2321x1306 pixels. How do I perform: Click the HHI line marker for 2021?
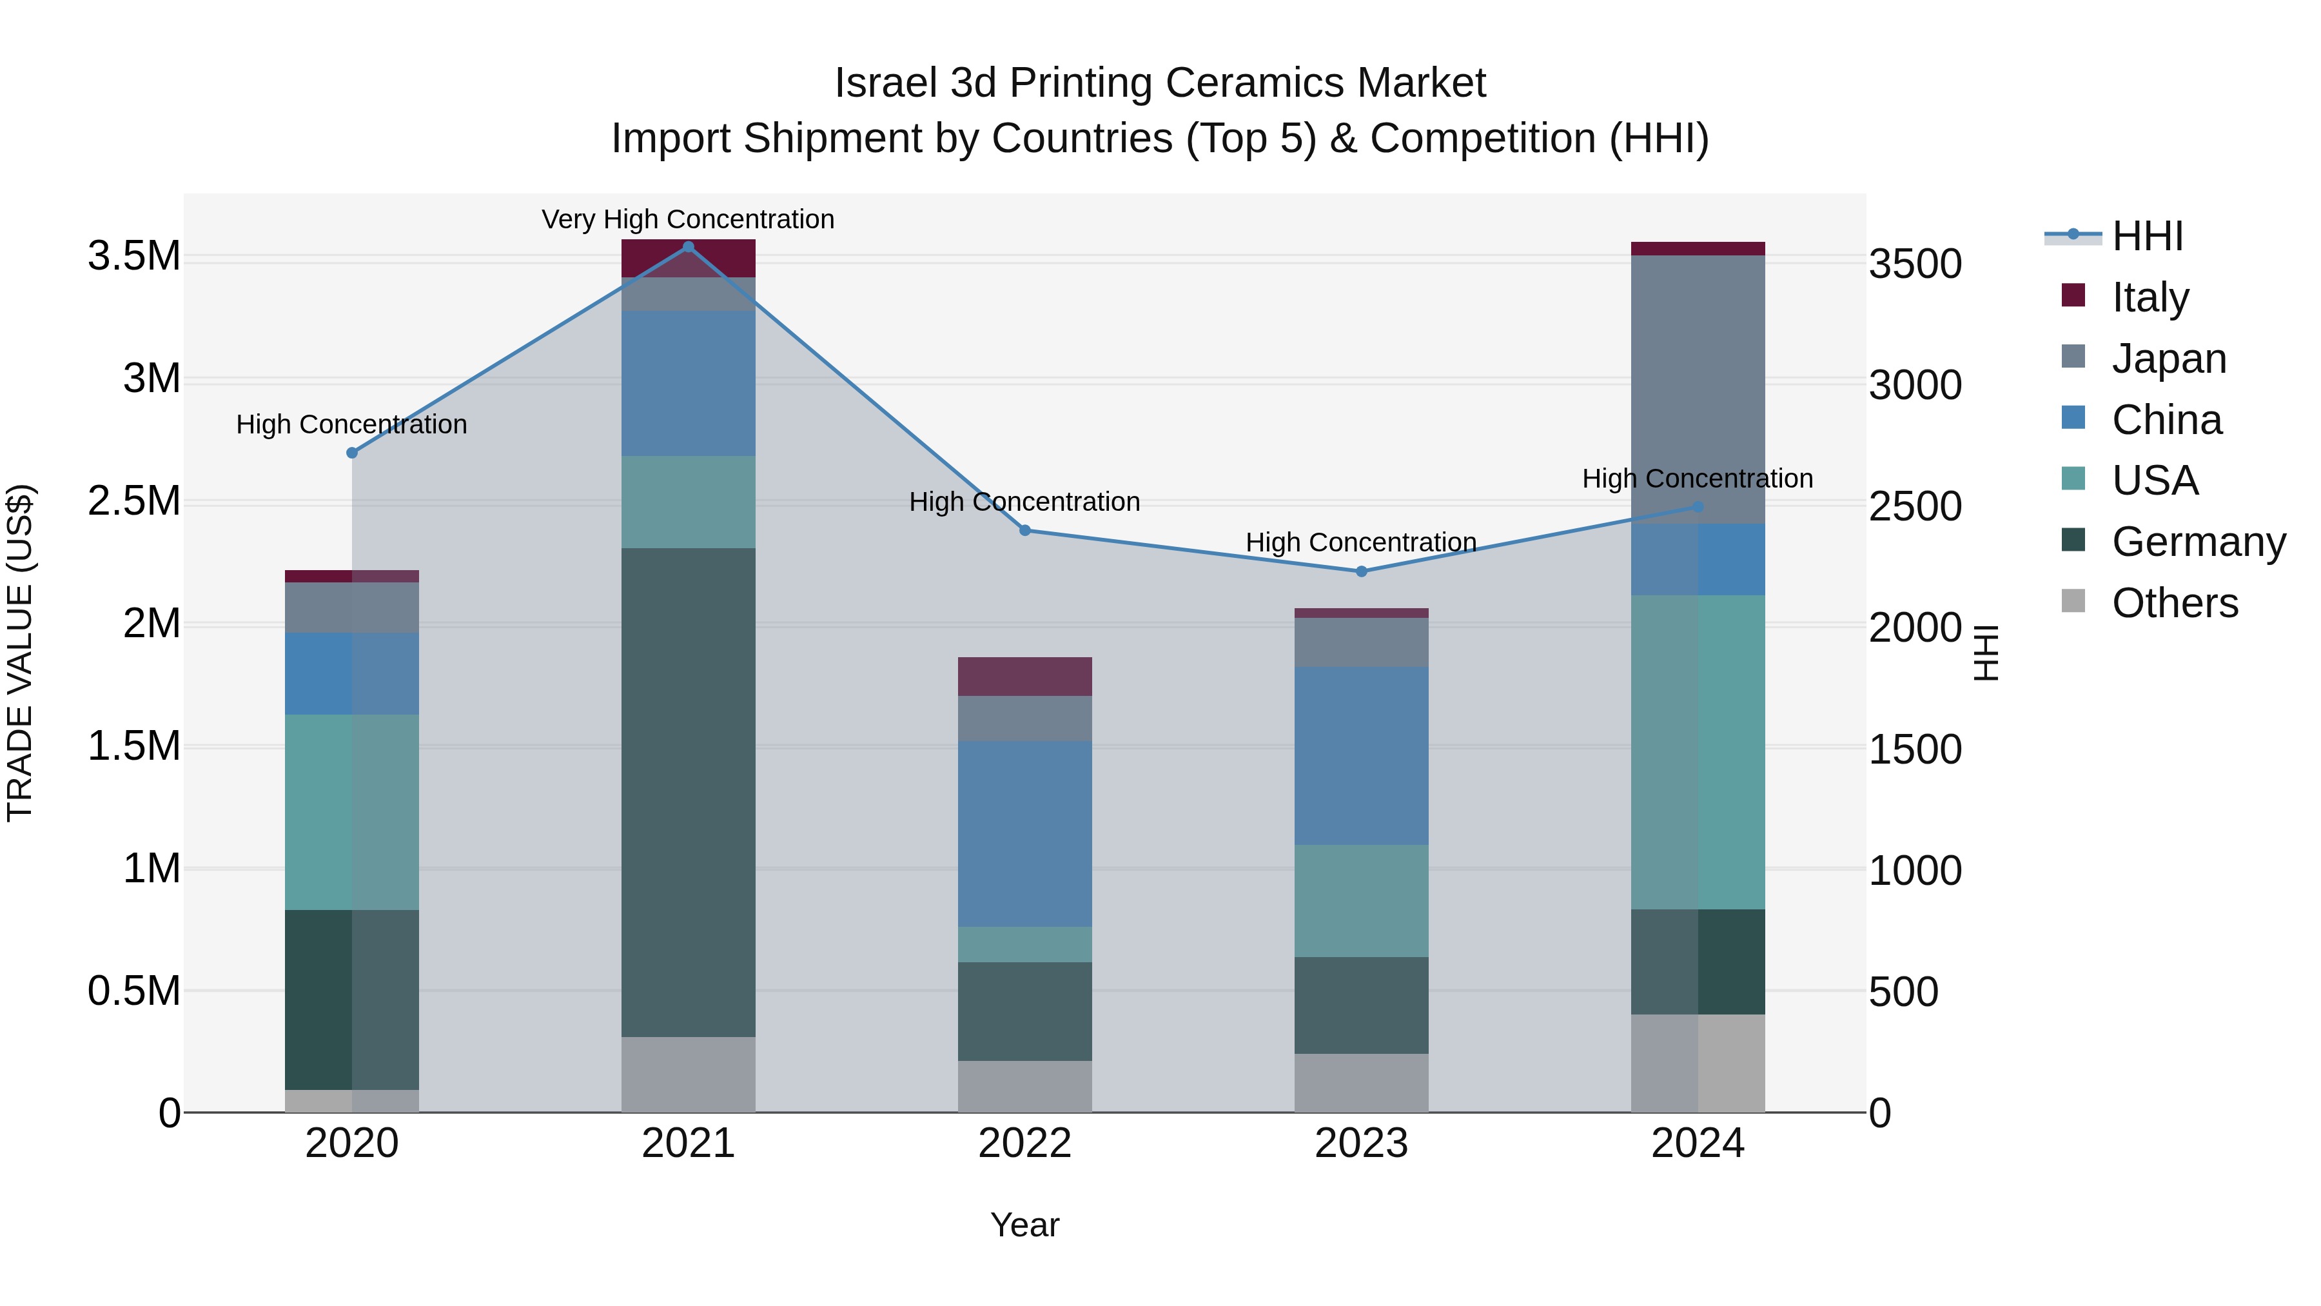pyautogui.click(x=689, y=247)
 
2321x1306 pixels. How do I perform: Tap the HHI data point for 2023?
pyautogui.click(x=1362, y=571)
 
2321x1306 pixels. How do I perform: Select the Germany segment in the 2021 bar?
pyautogui.click(x=689, y=793)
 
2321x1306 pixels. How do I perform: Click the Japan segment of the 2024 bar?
pyautogui.click(x=1698, y=390)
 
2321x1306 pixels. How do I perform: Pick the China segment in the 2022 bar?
pyautogui.click(x=1024, y=834)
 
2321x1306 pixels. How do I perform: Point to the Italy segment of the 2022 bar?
pyautogui.click(x=1024, y=676)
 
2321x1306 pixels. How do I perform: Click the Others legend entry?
pyautogui.click(x=2174, y=603)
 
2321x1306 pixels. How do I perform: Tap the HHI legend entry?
pyautogui.click(x=2147, y=236)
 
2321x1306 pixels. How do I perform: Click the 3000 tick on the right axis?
pyautogui.click(x=1915, y=386)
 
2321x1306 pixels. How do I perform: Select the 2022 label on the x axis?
pyautogui.click(x=1024, y=1143)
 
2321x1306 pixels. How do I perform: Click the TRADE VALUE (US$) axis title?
pyautogui.click(x=20, y=653)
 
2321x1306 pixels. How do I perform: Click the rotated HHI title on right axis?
pyautogui.click(x=1986, y=653)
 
